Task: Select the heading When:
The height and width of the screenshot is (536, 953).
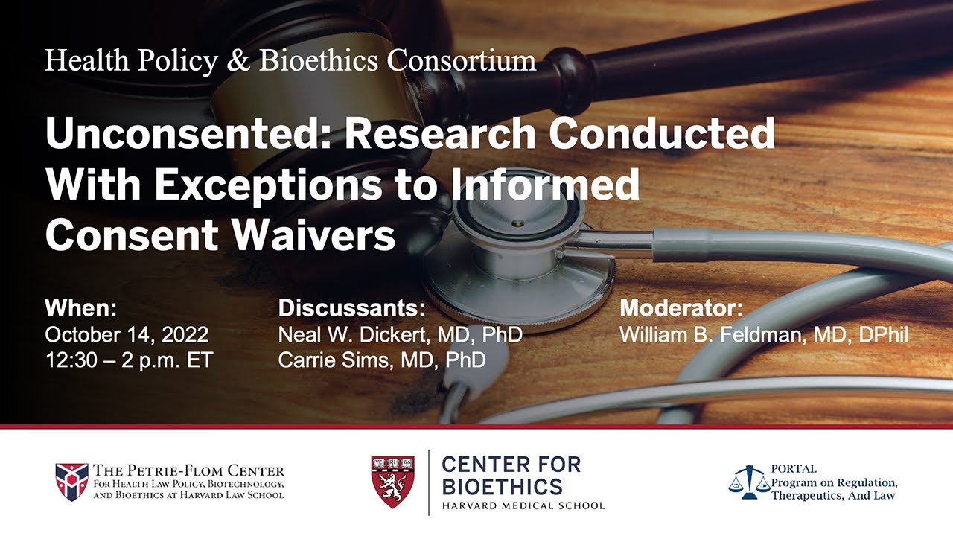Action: pyautogui.click(x=80, y=308)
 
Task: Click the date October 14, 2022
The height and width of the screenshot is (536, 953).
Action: pyautogui.click(x=127, y=334)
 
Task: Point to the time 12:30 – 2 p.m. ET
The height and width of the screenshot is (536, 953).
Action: pyautogui.click(x=129, y=360)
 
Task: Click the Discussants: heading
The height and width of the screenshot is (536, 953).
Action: pyautogui.click(x=351, y=308)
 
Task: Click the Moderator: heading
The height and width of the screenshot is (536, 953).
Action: pyautogui.click(x=681, y=308)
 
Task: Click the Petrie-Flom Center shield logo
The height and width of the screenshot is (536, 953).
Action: pyautogui.click(x=71, y=482)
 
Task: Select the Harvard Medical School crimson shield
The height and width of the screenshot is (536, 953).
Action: pyautogui.click(x=393, y=482)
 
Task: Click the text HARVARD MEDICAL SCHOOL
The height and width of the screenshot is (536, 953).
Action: pyautogui.click(x=523, y=506)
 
